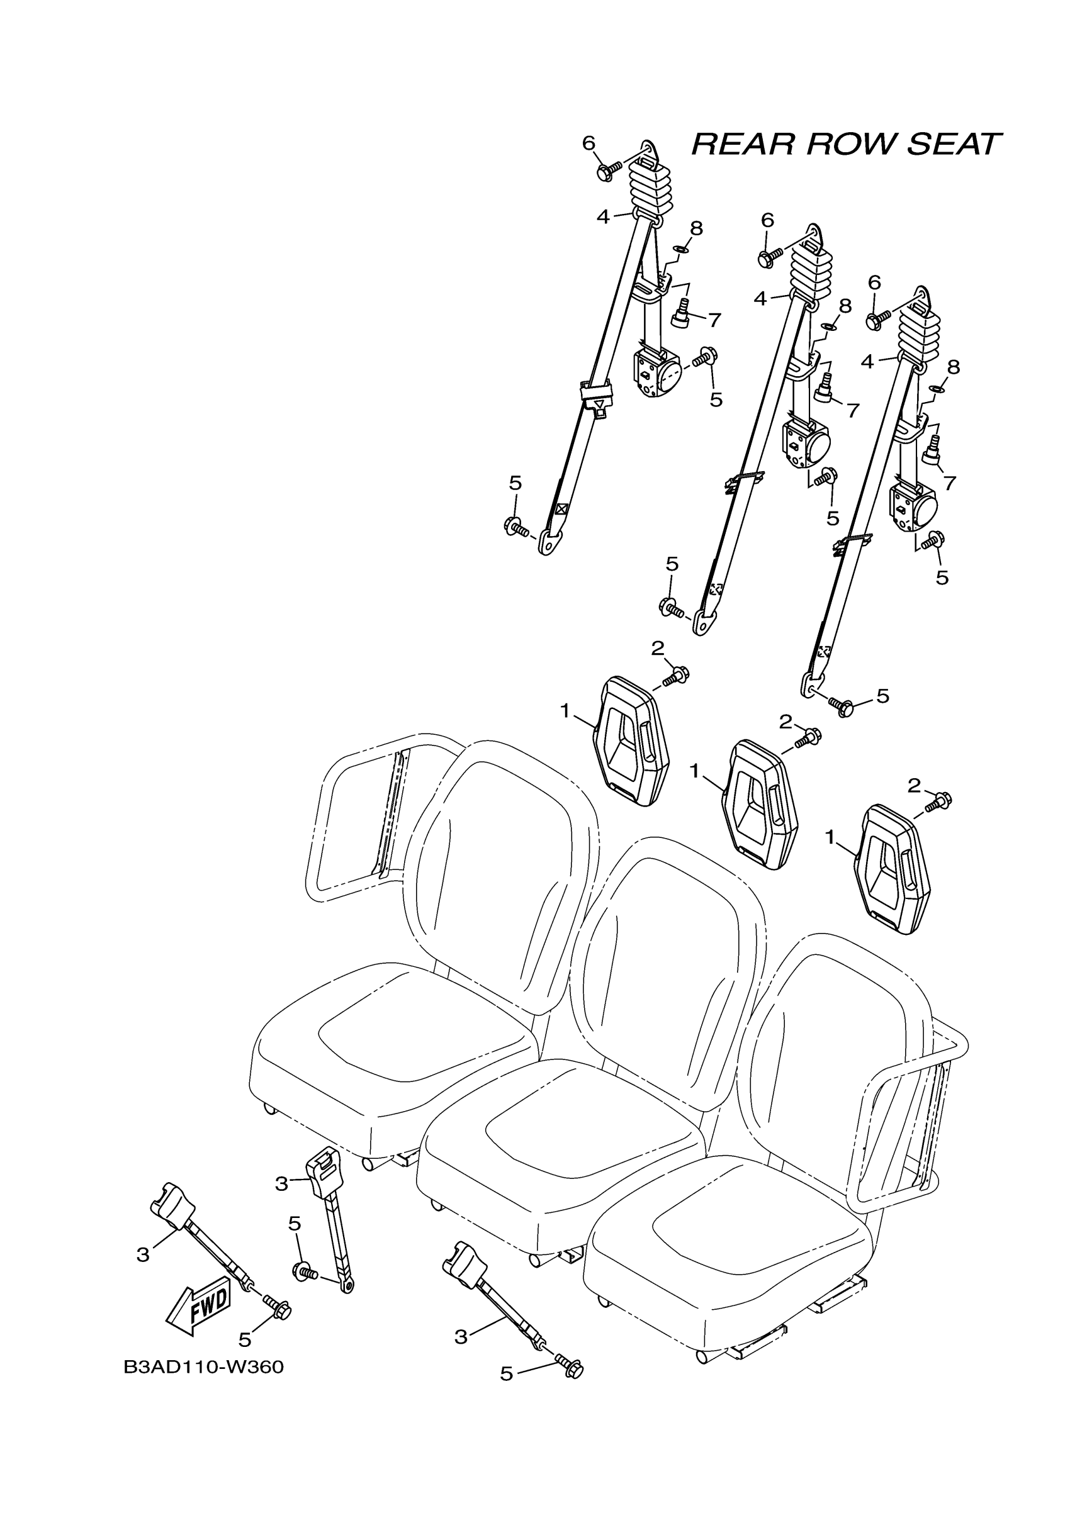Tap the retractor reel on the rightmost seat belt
[913, 508]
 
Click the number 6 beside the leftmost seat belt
[588, 143]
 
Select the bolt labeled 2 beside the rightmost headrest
[939, 801]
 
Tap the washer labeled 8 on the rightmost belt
[936, 388]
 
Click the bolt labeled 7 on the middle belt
[823, 389]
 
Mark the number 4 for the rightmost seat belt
[867, 361]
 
